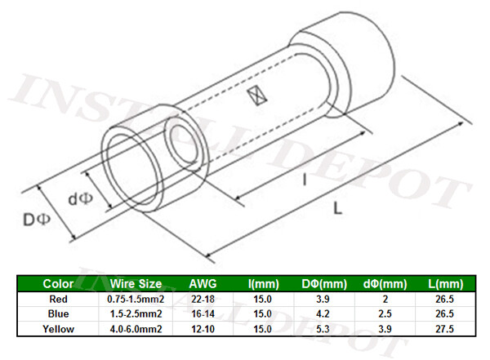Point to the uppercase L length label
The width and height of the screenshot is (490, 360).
337,211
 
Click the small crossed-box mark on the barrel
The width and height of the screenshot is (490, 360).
259,96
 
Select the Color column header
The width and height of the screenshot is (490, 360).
58,283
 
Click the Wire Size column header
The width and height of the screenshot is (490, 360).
134,283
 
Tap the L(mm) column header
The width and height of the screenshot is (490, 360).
446,283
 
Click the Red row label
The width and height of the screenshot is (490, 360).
58,300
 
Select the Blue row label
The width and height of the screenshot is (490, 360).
58,314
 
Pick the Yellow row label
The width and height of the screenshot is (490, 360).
58,329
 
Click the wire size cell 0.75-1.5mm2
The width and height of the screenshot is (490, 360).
134,300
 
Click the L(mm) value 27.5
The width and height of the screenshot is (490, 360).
446,329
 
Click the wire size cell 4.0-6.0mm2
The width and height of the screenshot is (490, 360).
134,329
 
